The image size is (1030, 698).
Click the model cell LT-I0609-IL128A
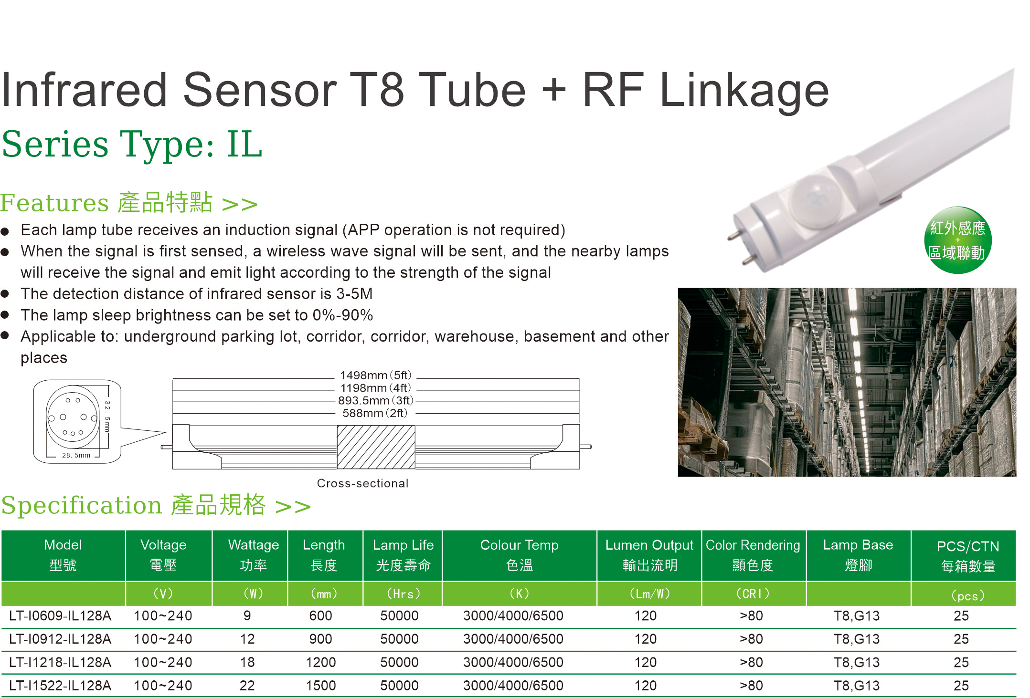click(60, 615)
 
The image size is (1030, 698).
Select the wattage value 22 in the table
click(247, 686)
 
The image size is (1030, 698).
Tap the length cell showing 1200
click(321, 662)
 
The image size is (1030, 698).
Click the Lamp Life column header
click(403, 555)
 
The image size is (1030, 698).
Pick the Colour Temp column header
click(519, 555)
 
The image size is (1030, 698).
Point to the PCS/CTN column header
click(968, 556)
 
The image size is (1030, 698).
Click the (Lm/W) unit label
click(649, 594)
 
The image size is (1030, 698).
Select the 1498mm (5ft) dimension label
click(375, 375)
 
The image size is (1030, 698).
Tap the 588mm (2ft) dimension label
click(375, 413)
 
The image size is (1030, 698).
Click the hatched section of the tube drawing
click(376, 447)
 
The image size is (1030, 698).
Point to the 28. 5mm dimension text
click(76, 455)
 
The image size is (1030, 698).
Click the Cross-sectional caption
click(362, 483)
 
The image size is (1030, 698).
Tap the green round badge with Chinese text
click(957, 240)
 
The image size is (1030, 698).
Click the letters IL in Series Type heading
click(244, 144)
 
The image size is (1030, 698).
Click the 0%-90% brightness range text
click(343, 315)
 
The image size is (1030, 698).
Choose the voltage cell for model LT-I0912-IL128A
click(163, 639)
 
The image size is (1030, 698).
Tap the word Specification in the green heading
click(82, 506)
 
